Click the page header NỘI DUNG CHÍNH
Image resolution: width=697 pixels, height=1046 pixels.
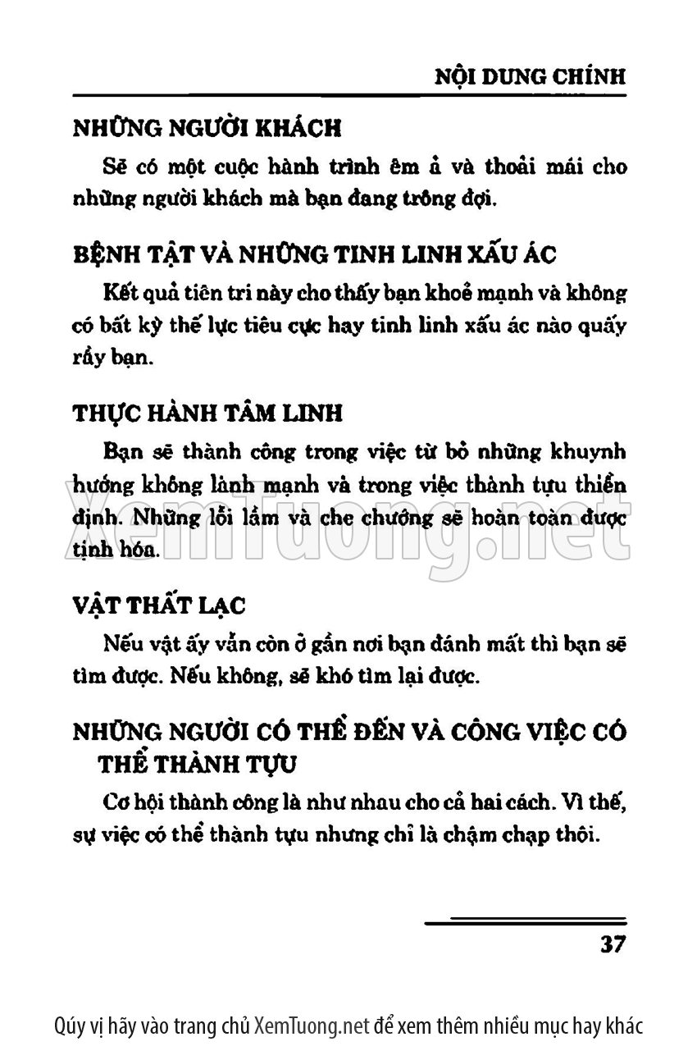tap(529, 76)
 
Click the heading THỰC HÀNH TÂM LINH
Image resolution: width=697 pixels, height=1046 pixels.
tap(208, 413)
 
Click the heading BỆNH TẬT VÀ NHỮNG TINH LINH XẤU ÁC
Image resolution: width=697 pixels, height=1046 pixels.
tap(314, 254)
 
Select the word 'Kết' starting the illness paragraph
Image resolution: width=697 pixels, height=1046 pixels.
tap(121, 292)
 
